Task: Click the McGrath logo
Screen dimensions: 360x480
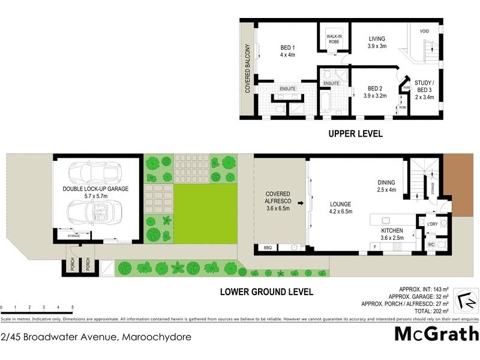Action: pyautogui.click(x=436, y=334)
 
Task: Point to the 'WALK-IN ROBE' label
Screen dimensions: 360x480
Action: pyautogui.click(x=334, y=40)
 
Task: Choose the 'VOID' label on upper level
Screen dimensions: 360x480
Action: pyautogui.click(x=424, y=31)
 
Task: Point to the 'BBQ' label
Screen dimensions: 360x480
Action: pyautogui.click(x=268, y=248)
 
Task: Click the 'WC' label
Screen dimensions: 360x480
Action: pyautogui.click(x=430, y=245)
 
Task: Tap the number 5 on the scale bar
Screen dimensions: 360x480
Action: pyautogui.click(x=73, y=307)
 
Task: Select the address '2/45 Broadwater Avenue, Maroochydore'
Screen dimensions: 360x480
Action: pyautogui.click(x=97, y=337)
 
